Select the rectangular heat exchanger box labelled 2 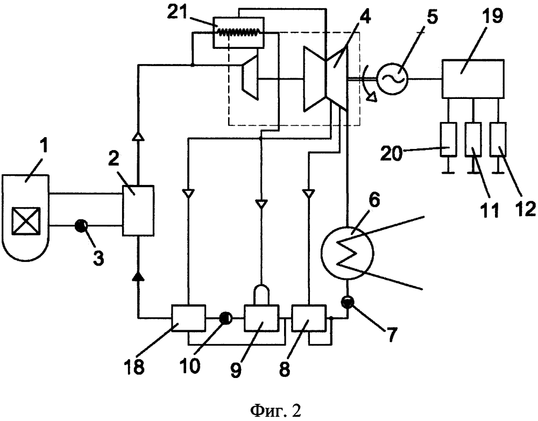coord(138,210)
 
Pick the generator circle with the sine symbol coord(392,79)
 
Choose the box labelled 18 coord(188,317)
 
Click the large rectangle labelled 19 coord(473,79)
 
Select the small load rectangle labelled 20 coord(448,140)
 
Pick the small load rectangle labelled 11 coord(473,140)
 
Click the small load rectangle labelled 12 coord(498,140)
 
